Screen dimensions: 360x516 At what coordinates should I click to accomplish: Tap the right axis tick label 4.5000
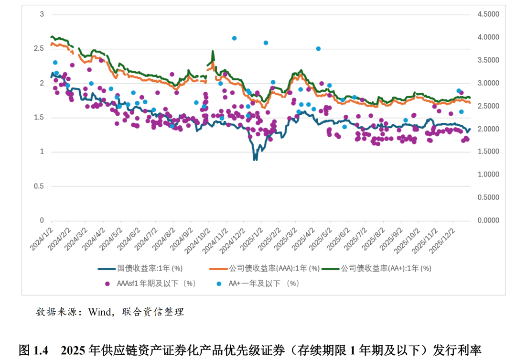point(488,14)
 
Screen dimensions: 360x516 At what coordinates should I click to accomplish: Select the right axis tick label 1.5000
point(488,152)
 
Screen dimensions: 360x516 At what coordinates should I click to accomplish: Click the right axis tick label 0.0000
point(488,221)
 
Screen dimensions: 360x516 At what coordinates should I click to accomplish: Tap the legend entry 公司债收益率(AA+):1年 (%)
point(386,268)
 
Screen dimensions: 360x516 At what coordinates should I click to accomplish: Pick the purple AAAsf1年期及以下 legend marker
point(107,284)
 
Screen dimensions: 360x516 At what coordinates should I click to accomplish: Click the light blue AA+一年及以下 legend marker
point(219,284)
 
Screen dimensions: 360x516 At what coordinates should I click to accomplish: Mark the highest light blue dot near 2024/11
point(234,38)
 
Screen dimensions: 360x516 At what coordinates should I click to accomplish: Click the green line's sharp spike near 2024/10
point(213,52)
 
